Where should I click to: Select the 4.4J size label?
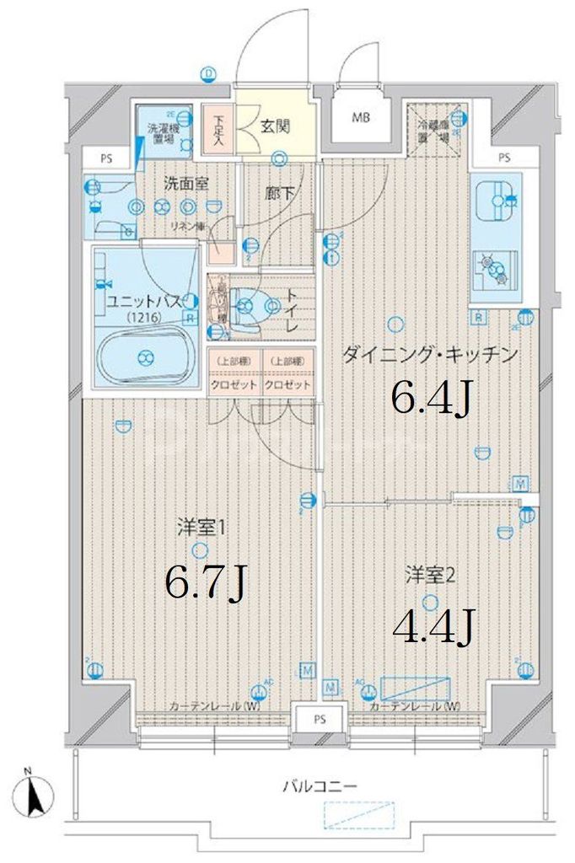tap(430, 626)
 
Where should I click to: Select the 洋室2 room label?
tap(430, 576)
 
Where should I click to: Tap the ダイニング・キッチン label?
tap(428, 355)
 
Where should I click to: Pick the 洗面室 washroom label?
tap(185, 182)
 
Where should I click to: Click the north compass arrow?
tap(35, 793)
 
